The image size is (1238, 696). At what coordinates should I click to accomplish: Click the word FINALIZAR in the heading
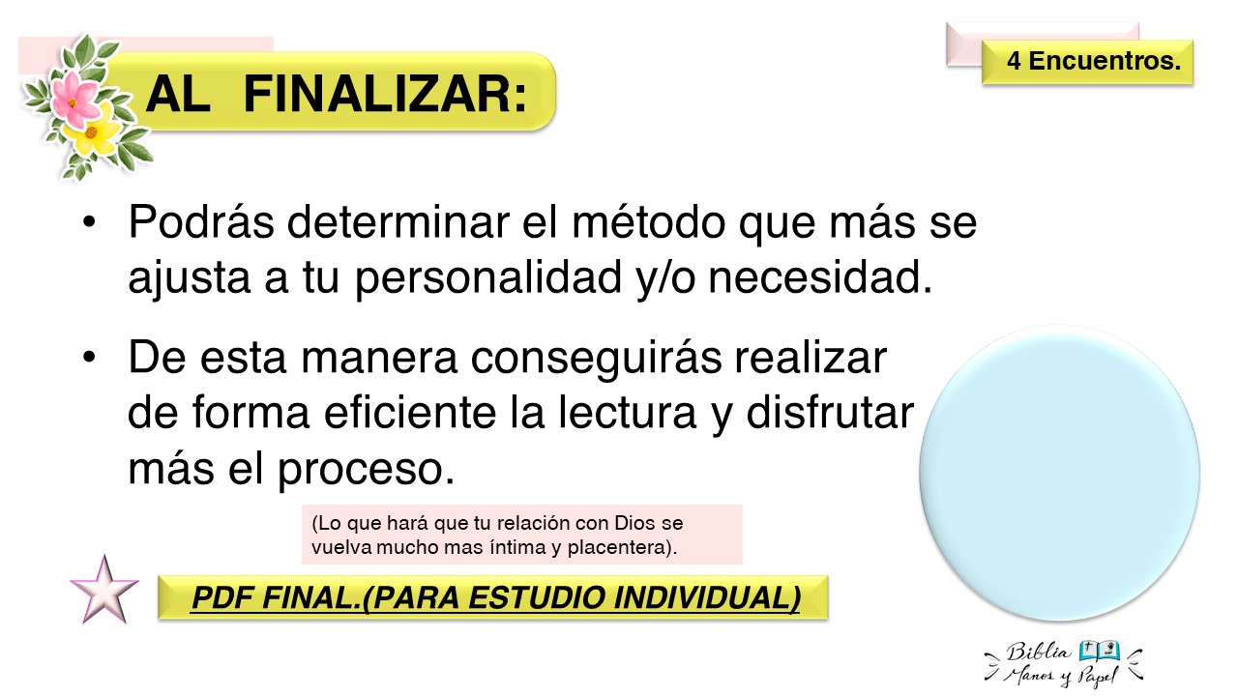(x=385, y=94)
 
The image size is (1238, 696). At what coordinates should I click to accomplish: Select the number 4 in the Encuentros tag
(x=1014, y=61)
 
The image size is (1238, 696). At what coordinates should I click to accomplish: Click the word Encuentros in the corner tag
(x=1105, y=61)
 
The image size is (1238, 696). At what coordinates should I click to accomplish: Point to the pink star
(x=103, y=590)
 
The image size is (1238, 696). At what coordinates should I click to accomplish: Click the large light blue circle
(x=1059, y=474)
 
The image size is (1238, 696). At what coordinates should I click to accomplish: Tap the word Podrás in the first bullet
(x=201, y=222)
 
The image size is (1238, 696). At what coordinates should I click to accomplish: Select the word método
(x=648, y=222)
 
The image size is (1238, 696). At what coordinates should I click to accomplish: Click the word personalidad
(x=488, y=279)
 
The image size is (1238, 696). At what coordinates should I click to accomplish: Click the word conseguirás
(x=596, y=359)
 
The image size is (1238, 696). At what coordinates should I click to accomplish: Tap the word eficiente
(x=409, y=413)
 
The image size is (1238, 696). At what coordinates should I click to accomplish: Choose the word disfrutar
(x=830, y=413)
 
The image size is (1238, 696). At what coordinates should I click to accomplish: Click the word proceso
(x=366, y=471)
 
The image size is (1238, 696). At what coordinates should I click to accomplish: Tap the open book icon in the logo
(x=1100, y=651)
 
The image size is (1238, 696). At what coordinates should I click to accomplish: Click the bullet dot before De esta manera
(x=89, y=358)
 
